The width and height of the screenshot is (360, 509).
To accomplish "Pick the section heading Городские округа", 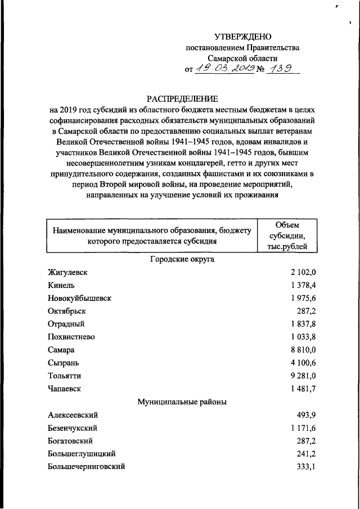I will point(182,259).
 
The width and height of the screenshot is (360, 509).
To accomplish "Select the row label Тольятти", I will point(64,375).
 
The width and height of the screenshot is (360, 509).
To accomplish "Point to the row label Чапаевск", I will point(65,388).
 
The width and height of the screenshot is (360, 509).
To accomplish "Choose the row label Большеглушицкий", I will point(82,453).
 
